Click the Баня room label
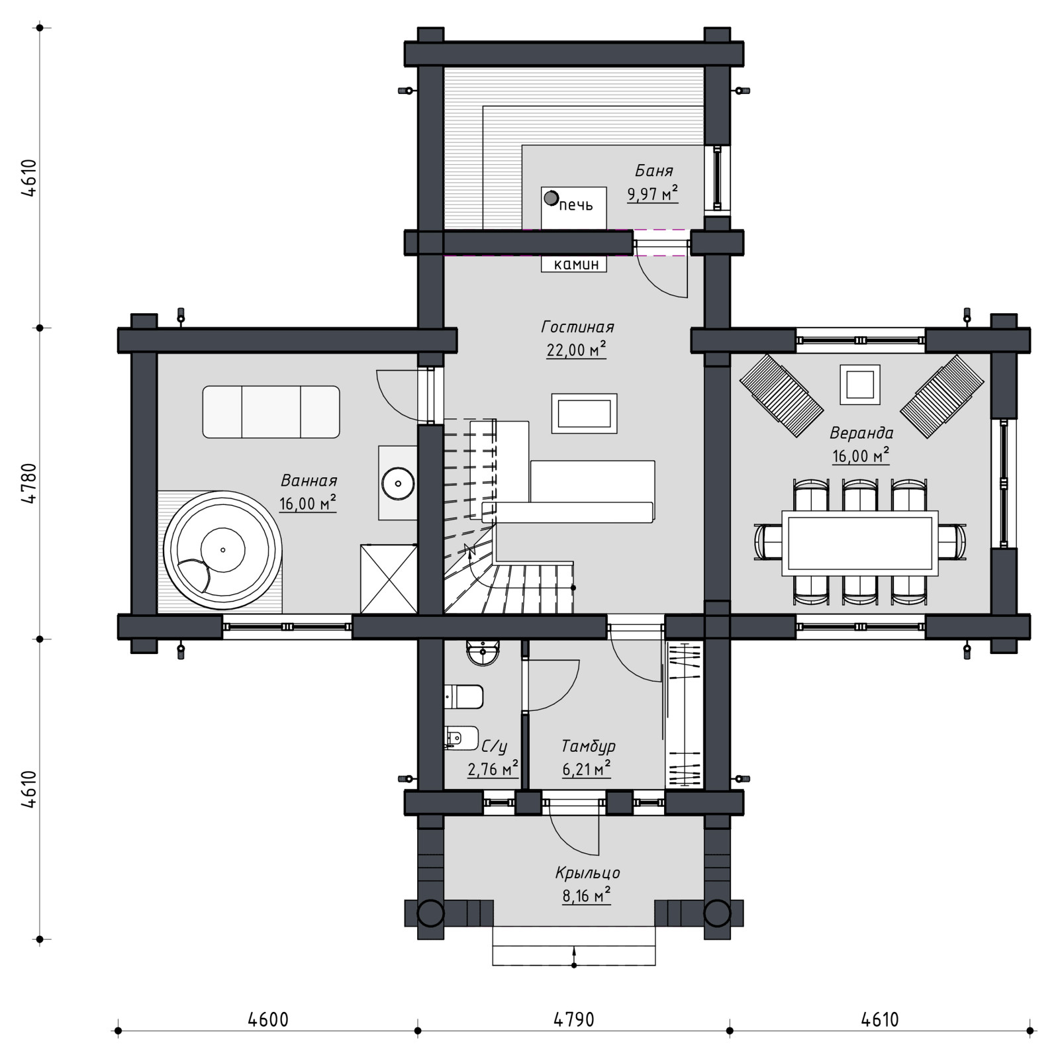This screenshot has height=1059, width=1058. [x=653, y=171]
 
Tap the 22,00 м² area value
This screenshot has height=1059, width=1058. [x=576, y=349]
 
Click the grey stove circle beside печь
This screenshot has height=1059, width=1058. [x=550, y=197]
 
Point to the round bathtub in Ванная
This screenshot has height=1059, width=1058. [x=222, y=550]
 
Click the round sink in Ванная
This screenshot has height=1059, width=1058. [x=399, y=483]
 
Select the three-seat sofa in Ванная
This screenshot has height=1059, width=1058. [x=271, y=412]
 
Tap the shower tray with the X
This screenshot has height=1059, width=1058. [x=389, y=578]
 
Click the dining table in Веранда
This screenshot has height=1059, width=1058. [x=860, y=541]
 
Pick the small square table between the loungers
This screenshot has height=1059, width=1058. [x=860, y=384]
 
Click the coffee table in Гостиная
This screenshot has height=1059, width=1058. [x=584, y=414]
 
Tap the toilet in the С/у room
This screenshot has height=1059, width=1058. [x=463, y=696]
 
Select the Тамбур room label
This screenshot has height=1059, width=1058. [x=588, y=746]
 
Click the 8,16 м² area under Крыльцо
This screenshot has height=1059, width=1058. [x=587, y=896]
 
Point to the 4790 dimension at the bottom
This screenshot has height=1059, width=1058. [x=574, y=1019]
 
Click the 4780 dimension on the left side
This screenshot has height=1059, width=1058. [x=28, y=484]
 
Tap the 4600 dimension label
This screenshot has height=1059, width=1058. [x=268, y=1019]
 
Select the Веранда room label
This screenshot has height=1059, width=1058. [x=861, y=433]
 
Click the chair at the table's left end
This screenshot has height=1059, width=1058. [x=768, y=541]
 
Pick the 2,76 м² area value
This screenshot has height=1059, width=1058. [x=493, y=769]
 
